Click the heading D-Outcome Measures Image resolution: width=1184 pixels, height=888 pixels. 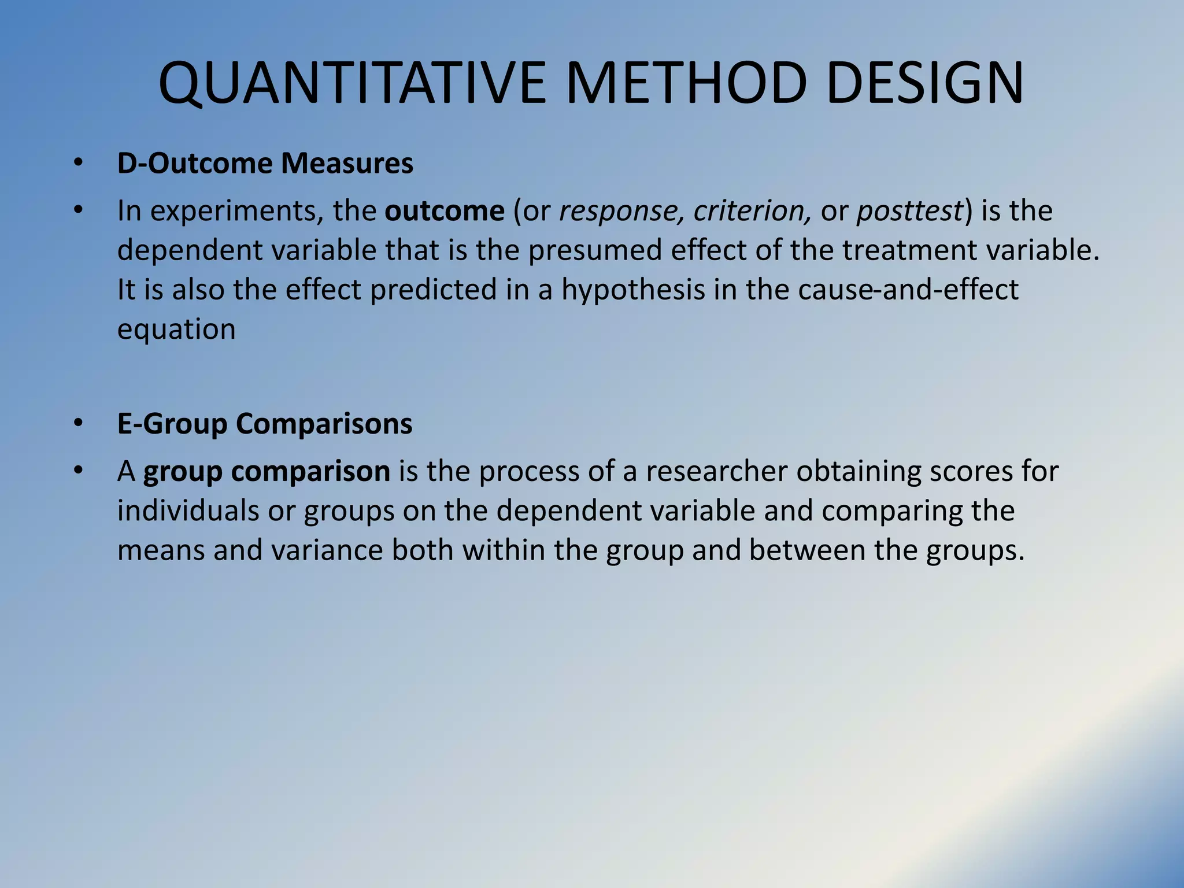coord(265,164)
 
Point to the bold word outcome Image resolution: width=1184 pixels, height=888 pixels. coord(445,210)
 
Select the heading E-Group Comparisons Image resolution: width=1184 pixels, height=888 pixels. coord(264,424)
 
